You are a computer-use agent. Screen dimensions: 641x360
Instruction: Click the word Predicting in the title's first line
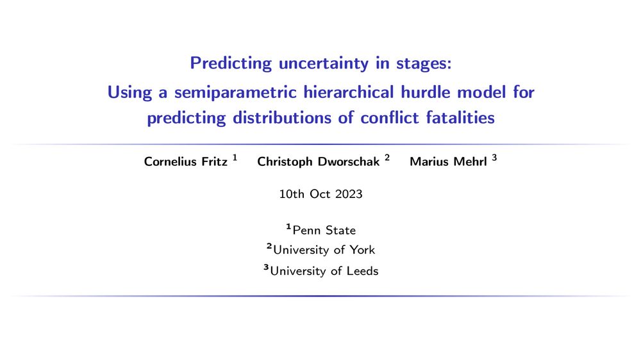click(x=231, y=64)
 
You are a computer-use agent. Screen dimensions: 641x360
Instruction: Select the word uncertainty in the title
click(x=323, y=64)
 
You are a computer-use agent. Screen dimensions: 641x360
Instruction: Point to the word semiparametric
click(x=235, y=93)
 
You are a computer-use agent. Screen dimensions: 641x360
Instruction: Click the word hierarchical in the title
click(x=349, y=92)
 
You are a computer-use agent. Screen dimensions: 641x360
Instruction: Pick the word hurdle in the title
click(x=425, y=92)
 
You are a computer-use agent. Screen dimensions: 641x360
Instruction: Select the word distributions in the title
click(x=282, y=118)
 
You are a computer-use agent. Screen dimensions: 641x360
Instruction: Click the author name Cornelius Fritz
click(x=186, y=162)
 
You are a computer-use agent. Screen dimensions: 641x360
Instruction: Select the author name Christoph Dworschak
click(x=318, y=162)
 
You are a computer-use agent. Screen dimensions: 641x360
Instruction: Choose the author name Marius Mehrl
click(x=448, y=162)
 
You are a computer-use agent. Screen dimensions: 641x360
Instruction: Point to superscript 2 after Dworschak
click(x=387, y=158)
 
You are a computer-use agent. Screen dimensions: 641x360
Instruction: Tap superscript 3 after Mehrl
click(x=494, y=158)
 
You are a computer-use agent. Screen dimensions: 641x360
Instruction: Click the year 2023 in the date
click(x=349, y=194)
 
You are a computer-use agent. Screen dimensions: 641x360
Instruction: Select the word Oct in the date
click(x=320, y=194)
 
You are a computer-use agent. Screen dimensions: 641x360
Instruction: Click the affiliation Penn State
click(x=324, y=231)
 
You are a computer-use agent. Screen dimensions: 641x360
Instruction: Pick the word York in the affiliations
click(x=362, y=250)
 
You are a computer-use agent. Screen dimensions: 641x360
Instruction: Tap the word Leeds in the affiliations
click(x=363, y=271)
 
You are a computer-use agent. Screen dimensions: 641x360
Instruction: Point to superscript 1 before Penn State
click(x=288, y=226)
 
